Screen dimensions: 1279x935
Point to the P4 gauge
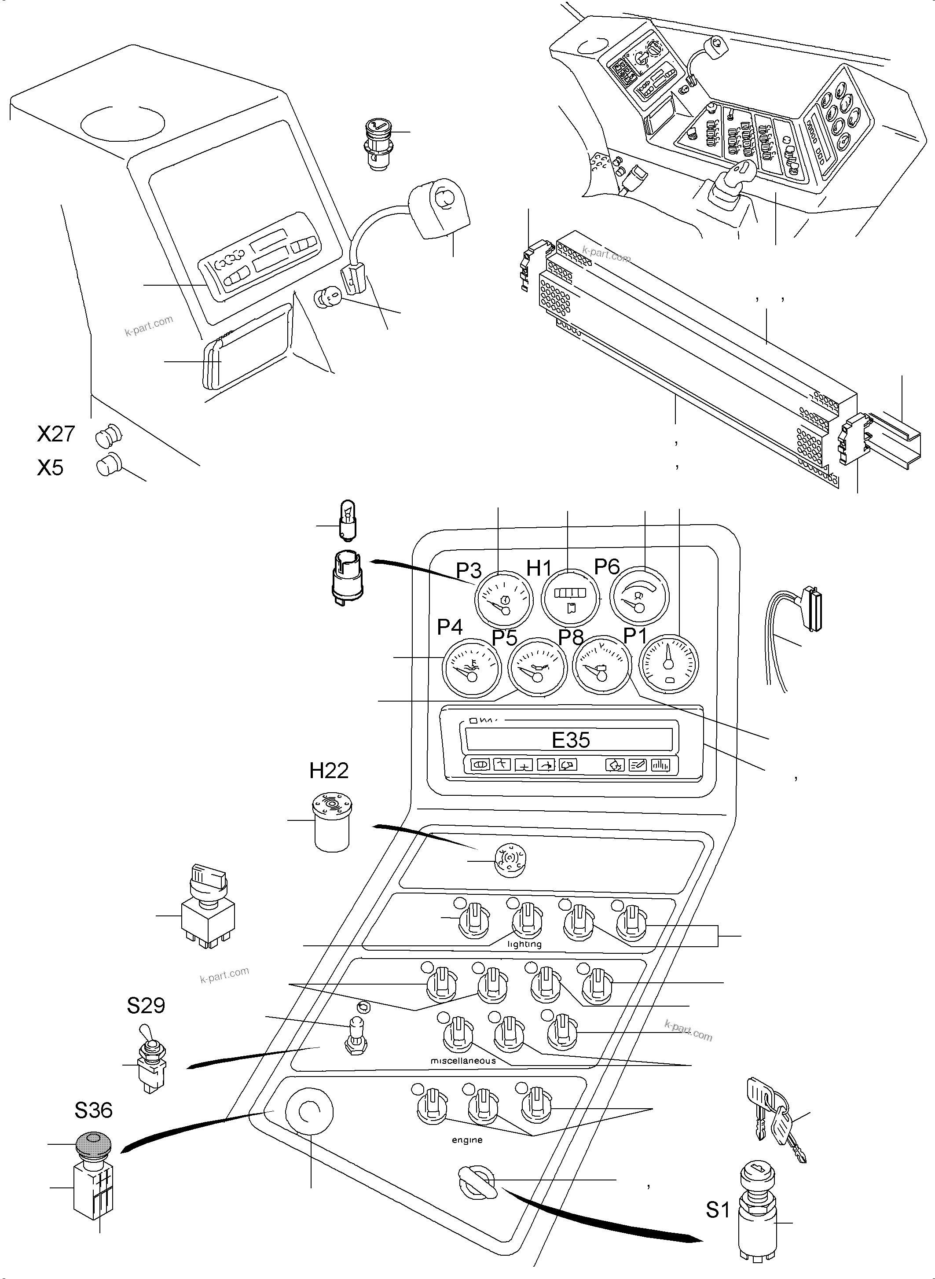(472, 669)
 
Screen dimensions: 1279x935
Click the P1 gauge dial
(669, 664)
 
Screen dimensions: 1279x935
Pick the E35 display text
(571, 740)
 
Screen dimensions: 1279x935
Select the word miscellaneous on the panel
(463, 1060)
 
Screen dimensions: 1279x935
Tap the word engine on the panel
(467, 1140)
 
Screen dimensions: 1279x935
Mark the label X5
(50, 468)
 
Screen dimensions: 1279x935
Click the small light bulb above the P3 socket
(348, 520)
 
